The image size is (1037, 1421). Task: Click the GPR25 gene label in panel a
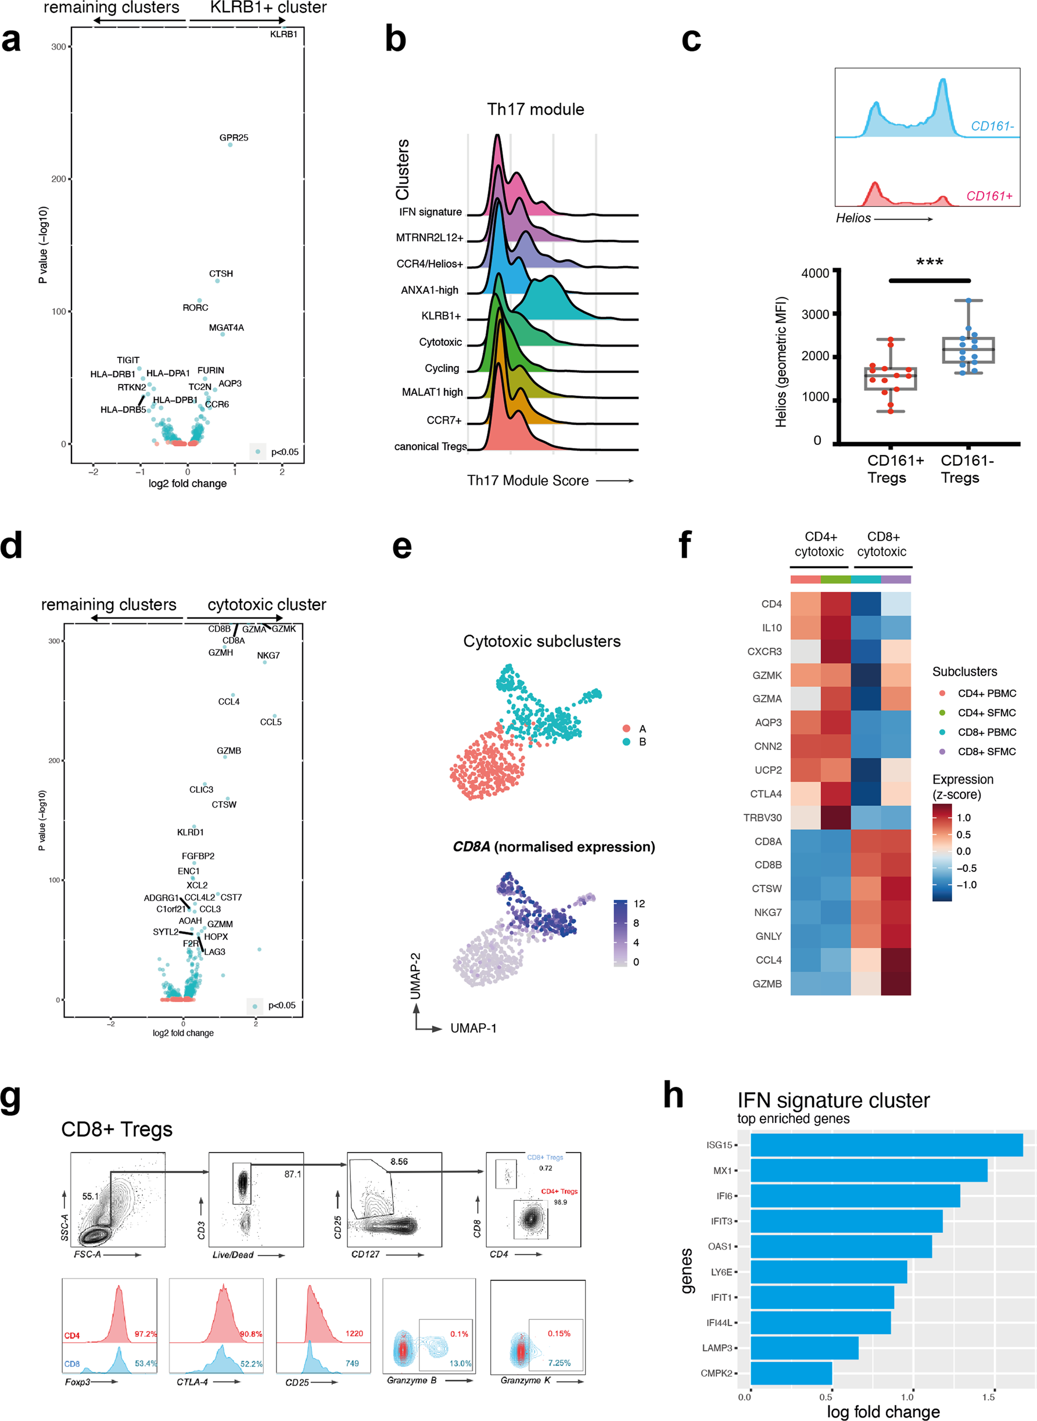pyautogui.click(x=234, y=138)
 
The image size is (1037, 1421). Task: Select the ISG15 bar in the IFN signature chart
pyautogui.click(x=886, y=1145)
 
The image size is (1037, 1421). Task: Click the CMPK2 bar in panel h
pyautogui.click(x=791, y=1373)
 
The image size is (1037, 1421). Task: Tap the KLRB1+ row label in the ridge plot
pyautogui.click(x=441, y=315)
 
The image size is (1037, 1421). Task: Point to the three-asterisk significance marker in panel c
pyautogui.click(x=929, y=262)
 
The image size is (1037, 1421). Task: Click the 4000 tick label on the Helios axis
pyautogui.click(x=814, y=273)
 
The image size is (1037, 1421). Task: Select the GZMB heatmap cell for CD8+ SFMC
pyautogui.click(x=896, y=984)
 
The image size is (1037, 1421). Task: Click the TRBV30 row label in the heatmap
pyautogui.click(x=762, y=817)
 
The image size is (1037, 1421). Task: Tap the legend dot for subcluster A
pyautogui.click(x=626, y=728)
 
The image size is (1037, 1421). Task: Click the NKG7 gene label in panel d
pyautogui.click(x=268, y=655)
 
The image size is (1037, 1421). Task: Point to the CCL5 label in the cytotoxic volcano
pyautogui.click(x=271, y=722)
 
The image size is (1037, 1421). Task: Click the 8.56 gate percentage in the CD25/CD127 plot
pyautogui.click(x=399, y=1161)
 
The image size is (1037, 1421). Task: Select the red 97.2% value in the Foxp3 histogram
pyautogui.click(x=146, y=1333)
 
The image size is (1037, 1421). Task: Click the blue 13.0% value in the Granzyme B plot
pyautogui.click(x=460, y=1363)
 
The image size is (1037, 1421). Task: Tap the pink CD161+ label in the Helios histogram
pyautogui.click(x=989, y=196)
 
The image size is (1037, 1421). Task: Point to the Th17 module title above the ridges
pyautogui.click(x=536, y=109)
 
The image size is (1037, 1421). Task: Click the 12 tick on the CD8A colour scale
pyautogui.click(x=639, y=903)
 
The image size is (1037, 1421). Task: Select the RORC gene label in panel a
pyautogui.click(x=195, y=307)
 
